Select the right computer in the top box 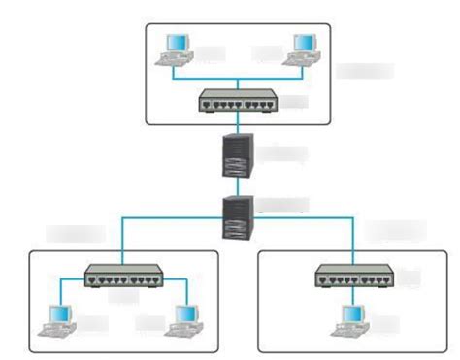click(x=304, y=49)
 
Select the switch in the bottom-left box click(x=121, y=278)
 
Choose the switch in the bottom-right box click(x=355, y=278)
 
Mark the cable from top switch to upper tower click(x=239, y=122)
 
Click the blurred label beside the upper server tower click(x=285, y=152)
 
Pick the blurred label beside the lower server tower click(x=285, y=205)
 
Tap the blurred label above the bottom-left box click(x=76, y=234)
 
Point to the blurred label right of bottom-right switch click(x=411, y=278)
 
